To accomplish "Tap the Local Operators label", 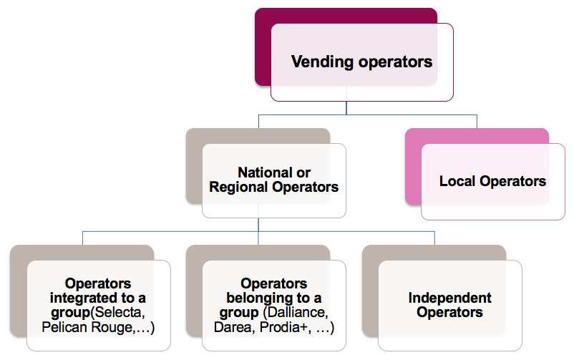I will (492, 181).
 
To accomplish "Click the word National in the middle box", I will (264, 173).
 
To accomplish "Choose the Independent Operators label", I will (449, 305).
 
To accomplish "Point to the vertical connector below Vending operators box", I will (346, 107).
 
